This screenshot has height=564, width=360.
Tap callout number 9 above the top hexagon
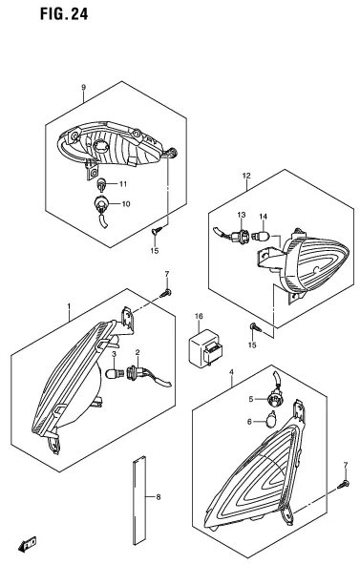point(83,88)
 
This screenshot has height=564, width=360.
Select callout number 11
point(123,182)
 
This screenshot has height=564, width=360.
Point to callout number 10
point(125,203)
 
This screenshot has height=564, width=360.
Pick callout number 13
point(242,216)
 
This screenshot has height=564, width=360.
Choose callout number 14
point(265,216)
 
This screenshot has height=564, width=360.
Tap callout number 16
point(199,315)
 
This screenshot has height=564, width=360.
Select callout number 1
point(68,307)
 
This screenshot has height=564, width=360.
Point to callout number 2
point(138,354)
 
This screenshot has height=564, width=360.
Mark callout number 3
point(115,355)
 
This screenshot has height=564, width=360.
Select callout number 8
point(159,497)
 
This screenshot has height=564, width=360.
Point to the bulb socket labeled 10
point(101,203)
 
